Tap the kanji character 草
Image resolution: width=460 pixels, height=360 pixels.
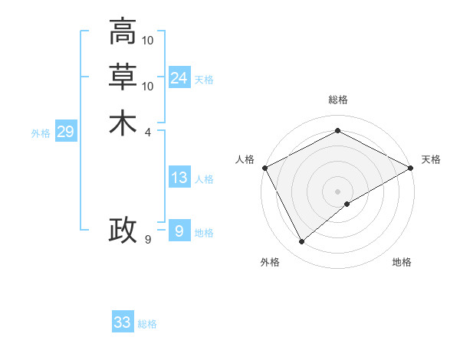[x=123, y=77]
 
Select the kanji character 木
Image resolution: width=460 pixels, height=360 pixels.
[x=123, y=123]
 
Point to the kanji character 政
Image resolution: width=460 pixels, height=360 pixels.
[x=123, y=231]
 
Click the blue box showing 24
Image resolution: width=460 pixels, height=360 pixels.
[x=179, y=78]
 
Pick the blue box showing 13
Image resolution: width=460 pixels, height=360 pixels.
[x=179, y=178]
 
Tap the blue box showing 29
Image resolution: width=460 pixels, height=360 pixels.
[x=65, y=132]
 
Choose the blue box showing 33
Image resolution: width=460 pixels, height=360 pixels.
[x=123, y=322]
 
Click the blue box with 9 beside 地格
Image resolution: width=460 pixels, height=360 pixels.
[x=179, y=231]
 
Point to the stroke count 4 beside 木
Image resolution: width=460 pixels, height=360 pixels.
[x=148, y=132]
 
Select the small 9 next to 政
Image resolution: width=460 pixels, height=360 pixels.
[x=148, y=240]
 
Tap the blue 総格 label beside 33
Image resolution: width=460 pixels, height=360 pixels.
[x=147, y=324]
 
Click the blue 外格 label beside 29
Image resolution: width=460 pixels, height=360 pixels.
[x=41, y=133]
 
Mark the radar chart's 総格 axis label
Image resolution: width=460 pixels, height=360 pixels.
[x=337, y=100]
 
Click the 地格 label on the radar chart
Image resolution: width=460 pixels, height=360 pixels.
[x=402, y=262]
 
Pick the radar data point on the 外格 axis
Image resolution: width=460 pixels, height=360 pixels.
[x=302, y=242]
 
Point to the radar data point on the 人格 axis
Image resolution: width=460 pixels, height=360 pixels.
[x=264, y=168]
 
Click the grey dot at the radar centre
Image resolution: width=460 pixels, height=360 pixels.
[x=337, y=191]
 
